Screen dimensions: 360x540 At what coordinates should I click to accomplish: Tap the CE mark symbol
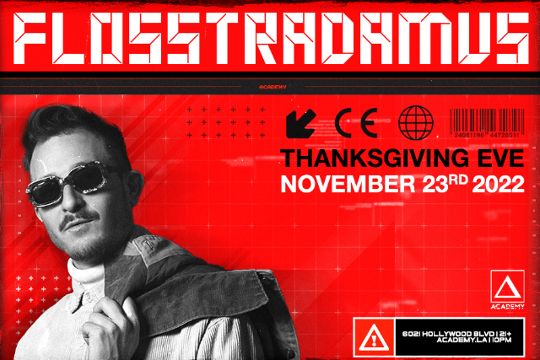(x=356, y=123)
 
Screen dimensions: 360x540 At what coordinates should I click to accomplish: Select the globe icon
(x=415, y=123)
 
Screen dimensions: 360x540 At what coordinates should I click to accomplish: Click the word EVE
(x=500, y=158)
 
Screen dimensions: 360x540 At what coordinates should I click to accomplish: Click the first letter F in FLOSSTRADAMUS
(x=40, y=35)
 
